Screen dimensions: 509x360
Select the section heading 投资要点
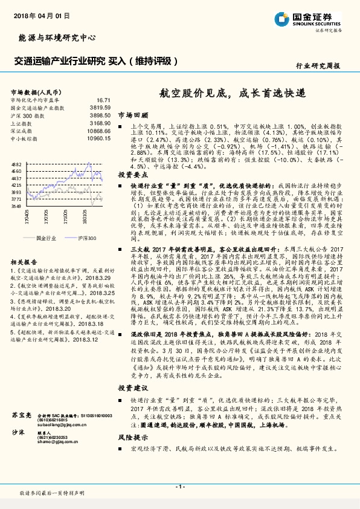point(132,173)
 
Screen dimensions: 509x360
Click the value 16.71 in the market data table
point(103,100)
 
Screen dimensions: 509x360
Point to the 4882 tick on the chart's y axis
point(16,164)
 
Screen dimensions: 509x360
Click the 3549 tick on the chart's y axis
point(16,206)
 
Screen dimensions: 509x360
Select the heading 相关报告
point(24,262)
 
